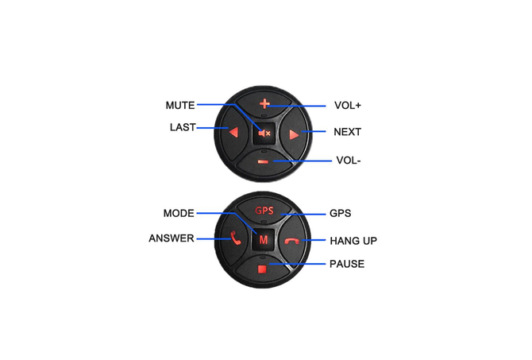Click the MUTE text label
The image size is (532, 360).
click(x=180, y=105)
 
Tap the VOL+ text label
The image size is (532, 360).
click(x=348, y=105)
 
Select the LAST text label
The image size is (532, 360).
click(x=183, y=127)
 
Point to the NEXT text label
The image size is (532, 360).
click(x=348, y=132)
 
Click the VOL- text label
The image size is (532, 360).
click(x=349, y=161)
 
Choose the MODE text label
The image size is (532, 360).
click(x=179, y=213)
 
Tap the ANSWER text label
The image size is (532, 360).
click(x=172, y=238)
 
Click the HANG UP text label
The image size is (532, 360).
click(x=353, y=241)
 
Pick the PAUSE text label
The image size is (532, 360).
click(x=347, y=264)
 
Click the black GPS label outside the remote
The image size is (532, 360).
click(x=341, y=213)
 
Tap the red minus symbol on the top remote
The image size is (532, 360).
click(x=263, y=161)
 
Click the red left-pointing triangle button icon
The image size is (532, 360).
click(x=233, y=133)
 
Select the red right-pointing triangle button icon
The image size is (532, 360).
click(x=294, y=135)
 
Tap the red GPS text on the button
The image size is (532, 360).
click(x=264, y=211)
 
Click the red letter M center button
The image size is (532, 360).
click(x=264, y=240)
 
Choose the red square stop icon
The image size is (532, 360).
click(x=262, y=269)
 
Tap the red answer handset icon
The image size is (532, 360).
click(x=236, y=238)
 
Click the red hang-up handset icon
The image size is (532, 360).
click(x=291, y=241)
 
